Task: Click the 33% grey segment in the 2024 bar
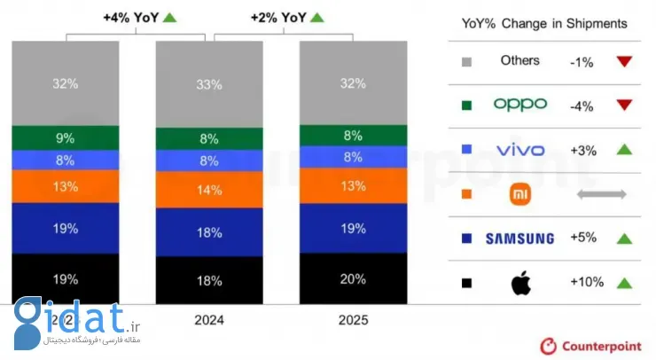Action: click(209, 85)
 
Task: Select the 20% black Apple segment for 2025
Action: click(353, 278)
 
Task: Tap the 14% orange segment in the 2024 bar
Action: click(209, 189)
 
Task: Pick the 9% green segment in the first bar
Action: click(65, 137)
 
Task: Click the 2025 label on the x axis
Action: click(353, 319)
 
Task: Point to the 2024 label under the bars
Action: click(209, 319)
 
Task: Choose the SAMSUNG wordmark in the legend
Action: click(520, 238)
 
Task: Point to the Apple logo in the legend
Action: click(519, 283)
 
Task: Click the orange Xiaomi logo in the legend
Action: click(519, 193)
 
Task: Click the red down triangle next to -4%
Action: click(624, 105)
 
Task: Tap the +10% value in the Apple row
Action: click(587, 283)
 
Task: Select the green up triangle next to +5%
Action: click(624, 238)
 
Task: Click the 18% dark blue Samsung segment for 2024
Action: click(209, 231)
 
